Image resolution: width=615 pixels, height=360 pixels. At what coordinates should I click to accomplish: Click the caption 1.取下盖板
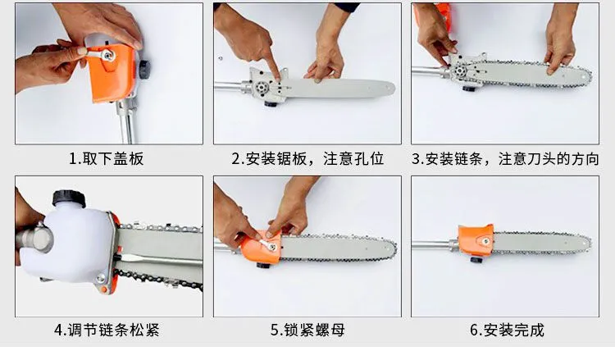click(x=107, y=159)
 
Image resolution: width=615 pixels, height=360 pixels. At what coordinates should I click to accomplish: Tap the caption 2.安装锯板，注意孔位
click(x=307, y=159)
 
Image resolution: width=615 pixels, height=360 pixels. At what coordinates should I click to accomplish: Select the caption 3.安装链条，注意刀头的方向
click(x=505, y=159)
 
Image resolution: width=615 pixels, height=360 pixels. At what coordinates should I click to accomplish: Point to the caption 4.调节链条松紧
click(x=107, y=330)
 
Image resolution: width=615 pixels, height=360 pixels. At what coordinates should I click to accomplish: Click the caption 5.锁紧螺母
click(x=307, y=330)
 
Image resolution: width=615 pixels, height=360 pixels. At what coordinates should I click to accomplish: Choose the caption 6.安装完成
click(x=507, y=330)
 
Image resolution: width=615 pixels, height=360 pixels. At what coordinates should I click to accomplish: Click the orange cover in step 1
click(x=112, y=72)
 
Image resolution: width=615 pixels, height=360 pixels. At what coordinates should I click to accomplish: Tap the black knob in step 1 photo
click(x=144, y=69)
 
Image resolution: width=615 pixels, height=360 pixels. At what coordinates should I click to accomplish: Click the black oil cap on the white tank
click(x=69, y=198)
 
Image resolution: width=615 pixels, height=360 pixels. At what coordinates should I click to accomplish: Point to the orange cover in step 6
click(x=476, y=240)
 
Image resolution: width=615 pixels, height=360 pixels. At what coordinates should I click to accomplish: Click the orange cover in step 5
click(x=262, y=247)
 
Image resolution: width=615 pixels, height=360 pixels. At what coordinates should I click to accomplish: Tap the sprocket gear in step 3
click(x=458, y=72)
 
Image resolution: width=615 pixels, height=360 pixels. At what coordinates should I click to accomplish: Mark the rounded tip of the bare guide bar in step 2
click(x=392, y=89)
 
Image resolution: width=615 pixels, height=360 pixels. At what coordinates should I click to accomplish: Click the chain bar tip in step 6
click(x=588, y=243)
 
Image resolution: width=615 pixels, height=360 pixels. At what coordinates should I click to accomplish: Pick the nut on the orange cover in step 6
click(x=486, y=241)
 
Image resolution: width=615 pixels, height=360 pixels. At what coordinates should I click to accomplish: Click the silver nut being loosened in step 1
click(x=107, y=54)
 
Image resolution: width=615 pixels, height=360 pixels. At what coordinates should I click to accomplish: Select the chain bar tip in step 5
click(x=394, y=247)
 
